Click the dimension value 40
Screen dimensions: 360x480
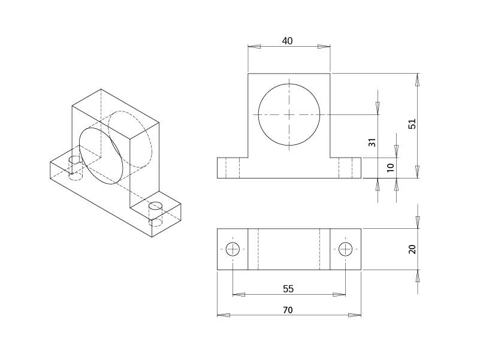coord(288,41)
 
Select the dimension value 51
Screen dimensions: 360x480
coord(412,124)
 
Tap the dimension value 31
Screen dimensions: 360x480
coord(372,143)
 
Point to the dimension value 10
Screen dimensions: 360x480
coord(391,168)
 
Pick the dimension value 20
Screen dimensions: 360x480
coord(412,249)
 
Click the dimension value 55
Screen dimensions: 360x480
coord(288,289)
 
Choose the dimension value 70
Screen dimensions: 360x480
coord(288,310)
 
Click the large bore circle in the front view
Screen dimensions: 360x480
coord(289,114)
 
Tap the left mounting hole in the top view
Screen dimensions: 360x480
coord(233,249)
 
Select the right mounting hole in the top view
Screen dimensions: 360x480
coord(345,249)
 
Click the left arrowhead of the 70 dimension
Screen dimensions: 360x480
coord(223,315)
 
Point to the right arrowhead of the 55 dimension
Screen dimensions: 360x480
coord(340,294)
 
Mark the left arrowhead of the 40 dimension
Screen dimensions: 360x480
coord(254,47)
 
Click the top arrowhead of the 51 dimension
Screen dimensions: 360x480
coord(418,80)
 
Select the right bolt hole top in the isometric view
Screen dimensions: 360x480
coord(155,206)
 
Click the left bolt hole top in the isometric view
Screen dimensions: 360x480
coord(74,160)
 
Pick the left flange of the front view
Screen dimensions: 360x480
coord(228,168)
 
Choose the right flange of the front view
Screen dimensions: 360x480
coord(350,168)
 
